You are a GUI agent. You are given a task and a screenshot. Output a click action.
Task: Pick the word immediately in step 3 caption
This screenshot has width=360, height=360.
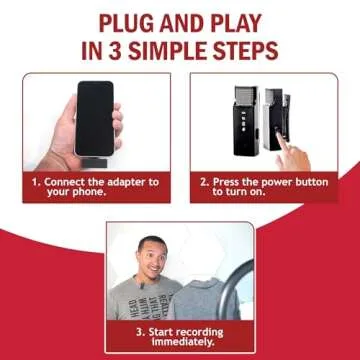[180, 342]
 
